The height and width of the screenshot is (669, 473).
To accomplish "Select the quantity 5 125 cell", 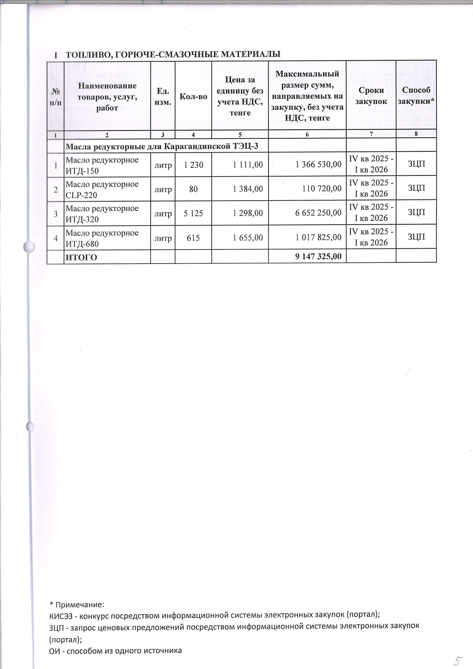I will pyautogui.click(x=193, y=213).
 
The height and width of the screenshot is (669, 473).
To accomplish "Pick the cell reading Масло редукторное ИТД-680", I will pyautogui.click(x=102, y=238).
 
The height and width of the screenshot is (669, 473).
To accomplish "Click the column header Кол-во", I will pyautogui.click(x=193, y=96).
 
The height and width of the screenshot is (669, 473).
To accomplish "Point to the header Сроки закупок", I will pyautogui.click(x=371, y=96).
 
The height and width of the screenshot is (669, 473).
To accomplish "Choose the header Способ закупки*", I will pyautogui.click(x=416, y=96).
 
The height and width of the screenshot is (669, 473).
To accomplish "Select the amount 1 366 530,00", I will pyautogui.click(x=319, y=164).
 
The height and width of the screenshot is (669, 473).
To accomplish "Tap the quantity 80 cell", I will pyautogui.click(x=193, y=188).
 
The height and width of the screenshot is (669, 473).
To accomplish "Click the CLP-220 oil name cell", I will pyautogui.click(x=102, y=189).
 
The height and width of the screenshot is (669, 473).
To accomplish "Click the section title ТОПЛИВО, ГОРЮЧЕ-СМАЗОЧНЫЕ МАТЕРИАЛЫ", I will pyautogui.click(x=173, y=55).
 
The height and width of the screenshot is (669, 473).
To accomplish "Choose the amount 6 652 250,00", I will pyautogui.click(x=318, y=213).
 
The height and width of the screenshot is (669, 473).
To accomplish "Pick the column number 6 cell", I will pyautogui.click(x=307, y=134).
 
